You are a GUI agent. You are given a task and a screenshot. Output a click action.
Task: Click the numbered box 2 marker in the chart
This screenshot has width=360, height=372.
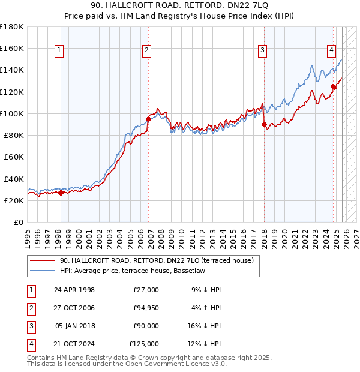[147, 51]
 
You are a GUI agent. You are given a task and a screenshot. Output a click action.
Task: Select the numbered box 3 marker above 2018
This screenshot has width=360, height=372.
[262, 51]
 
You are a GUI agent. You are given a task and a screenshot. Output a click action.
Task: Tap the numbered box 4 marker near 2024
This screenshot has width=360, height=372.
[331, 51]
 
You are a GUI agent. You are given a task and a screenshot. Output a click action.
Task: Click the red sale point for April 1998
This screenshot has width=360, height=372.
[61, 193]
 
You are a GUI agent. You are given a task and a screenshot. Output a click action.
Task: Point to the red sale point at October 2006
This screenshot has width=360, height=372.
[148, 119]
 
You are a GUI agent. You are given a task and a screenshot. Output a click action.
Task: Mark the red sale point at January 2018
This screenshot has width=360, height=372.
[264, 124]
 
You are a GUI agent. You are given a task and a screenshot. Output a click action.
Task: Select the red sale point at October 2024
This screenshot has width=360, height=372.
[333, 86]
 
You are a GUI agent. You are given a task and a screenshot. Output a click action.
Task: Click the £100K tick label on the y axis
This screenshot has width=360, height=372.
[12, 113]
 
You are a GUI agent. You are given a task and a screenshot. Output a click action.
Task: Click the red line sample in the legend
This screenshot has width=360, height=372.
[42, 260]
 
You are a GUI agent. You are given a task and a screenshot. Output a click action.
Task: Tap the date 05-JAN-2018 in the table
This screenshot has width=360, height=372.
[74, 326]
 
